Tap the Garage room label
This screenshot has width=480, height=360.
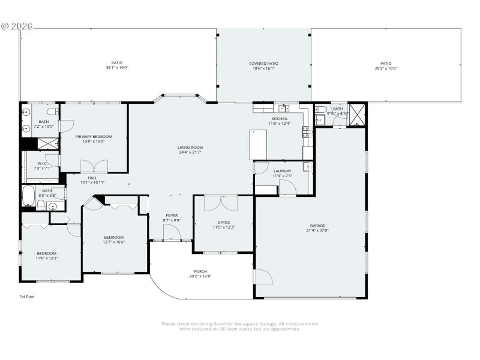(x=317, y=226)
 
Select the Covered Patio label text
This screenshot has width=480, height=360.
(x=263, y=64)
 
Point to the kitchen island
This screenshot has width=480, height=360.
(x=258, y=144)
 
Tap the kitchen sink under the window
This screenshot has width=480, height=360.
(x=284, y=109)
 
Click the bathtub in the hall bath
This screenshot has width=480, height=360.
(x=28, y=195)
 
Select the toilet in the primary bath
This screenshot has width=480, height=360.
(x=52, y=112)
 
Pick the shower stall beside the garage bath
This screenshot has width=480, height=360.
(x=358, y=114)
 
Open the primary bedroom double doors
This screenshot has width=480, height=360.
(x=94, y=166)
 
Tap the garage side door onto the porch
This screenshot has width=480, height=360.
(x=264, y=277)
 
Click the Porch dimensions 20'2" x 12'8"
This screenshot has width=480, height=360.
(x=200, y=276)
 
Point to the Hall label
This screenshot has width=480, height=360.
(x=92, y=178)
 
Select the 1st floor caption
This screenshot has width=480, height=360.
(x=28, y=296)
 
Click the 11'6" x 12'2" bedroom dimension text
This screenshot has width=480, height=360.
(x=46, y=258)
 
